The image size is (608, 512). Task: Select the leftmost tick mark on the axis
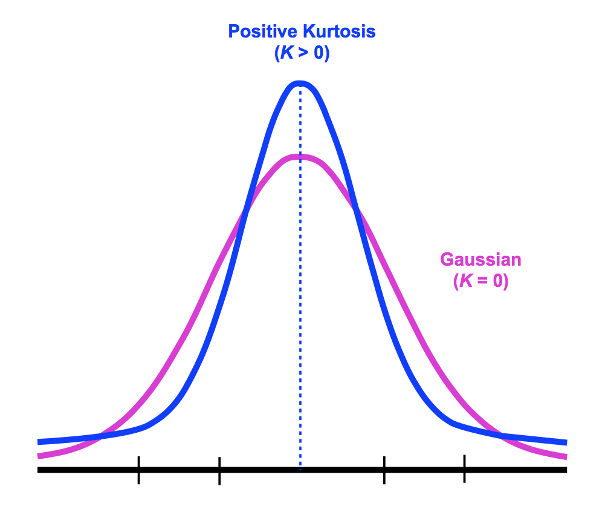pos(138,470)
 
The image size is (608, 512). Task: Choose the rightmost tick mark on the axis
pos(464,469)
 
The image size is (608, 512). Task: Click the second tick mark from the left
pos(219,470)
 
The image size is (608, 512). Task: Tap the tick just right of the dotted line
pos(384,470)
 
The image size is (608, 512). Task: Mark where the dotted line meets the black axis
pos(300,470)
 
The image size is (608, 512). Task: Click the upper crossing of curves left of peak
pos(245,211)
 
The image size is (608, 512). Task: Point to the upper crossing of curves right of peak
pos(355,211)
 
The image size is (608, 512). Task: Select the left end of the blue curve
pos(39,442)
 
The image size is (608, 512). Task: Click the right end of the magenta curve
pos(566,456)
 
